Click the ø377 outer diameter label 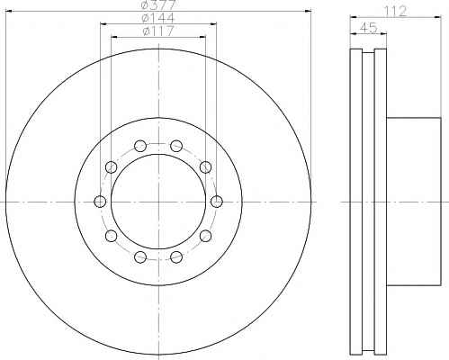pos(158,4)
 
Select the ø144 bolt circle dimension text pos(158,18)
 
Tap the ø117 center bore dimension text pos(158,31)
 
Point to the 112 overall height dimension pos(396,12)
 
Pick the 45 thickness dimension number pos(368,28)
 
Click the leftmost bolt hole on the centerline pos(100,202)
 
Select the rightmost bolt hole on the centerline pos(217,202)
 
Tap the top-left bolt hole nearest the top pos(140,146)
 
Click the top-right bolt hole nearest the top pos(176,146)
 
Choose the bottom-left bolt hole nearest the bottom pos(140,256)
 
